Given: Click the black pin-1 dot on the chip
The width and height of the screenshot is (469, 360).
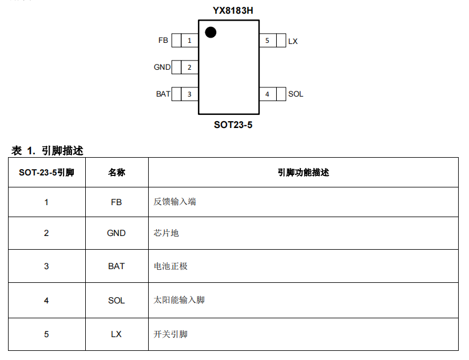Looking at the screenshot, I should click(x=210, y=33).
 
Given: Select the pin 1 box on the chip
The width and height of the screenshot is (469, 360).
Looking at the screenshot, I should click(x=189, y=41).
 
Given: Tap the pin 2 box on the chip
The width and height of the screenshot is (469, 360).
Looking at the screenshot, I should click(x=189, y=67).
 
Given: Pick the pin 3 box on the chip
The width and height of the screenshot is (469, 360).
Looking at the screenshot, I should click(x=189, y=94).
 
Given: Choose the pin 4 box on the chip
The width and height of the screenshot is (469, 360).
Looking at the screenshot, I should click(x=267, y=94).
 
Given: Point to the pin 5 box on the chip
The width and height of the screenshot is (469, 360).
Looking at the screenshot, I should click(x=267, y=41).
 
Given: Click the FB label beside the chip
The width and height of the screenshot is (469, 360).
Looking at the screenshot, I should click(x=163, y=41).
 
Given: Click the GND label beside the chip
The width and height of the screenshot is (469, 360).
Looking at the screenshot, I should click(x=162, y=67).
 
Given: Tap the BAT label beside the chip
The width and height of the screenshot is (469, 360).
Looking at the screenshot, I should click(x=163, y=94).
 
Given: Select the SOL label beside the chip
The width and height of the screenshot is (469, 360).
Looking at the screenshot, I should click(x=296, y=94).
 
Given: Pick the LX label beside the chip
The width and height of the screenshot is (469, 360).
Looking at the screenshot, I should click(x=293, y=41).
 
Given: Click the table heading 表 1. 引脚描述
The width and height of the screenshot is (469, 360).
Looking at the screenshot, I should click(x=47, y=151).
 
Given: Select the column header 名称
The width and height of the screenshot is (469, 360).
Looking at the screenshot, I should click(x=117, y=173).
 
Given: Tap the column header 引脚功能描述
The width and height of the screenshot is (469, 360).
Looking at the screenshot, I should click(x=303, y=173).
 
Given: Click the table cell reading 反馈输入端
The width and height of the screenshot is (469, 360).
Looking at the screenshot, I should click(x=174, y=202).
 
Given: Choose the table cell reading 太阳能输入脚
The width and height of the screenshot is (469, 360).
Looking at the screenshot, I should click(x=179, y=299).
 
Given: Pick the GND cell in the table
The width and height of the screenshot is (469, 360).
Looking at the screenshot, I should click(x=117, y=233).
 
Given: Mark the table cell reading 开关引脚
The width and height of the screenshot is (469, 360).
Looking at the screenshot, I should click(x=170, y=334).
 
